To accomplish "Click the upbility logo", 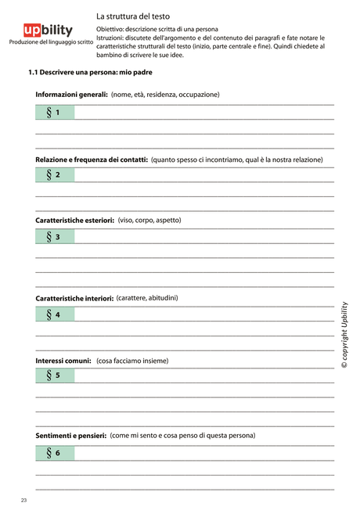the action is [x=49, y=31].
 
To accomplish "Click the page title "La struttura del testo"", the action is [x=133, y=16].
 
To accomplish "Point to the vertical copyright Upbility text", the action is [x=344, y=334].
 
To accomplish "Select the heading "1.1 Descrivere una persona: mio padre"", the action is [x=90, y=72].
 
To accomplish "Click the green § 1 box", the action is [x=55, y=113].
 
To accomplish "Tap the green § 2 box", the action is [x=55, y=174].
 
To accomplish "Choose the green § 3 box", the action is [x=55, y=236].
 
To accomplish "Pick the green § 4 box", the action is [x=55, y=314].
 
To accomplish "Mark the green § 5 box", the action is [x=55, y=375].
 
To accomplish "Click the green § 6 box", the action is [x=55, y=452].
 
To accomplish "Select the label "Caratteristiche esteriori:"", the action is [x=75, y=221].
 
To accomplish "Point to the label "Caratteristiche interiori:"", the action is [x=74, y=298].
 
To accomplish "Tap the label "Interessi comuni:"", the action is [x=63, y=361].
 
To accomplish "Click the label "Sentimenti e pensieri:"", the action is [x=70, y=435].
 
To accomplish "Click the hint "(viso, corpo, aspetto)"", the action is [x=149, y=220].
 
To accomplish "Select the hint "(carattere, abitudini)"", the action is [x=146, y=297].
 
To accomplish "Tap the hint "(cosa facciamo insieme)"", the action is [x=132, y=361].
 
